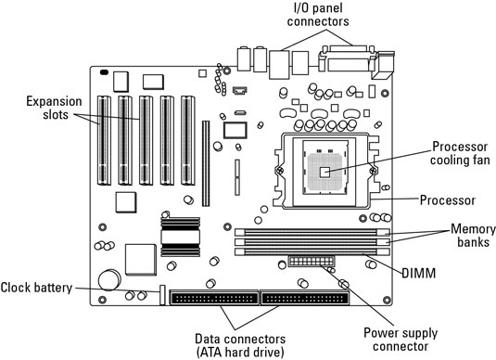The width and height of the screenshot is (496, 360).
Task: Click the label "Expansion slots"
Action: (54, 108)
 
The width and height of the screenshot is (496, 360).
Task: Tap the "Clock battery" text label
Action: (36, 288)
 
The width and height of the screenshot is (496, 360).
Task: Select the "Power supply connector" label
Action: (401, 340)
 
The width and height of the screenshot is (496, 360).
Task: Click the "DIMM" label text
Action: (418, 273)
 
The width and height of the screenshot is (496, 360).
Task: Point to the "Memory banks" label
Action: (473, 236)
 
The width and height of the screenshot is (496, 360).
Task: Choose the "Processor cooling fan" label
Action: (460, 153)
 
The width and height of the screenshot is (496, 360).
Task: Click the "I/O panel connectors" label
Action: (318, 15)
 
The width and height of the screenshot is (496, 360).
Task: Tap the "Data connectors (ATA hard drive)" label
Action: (240, 345)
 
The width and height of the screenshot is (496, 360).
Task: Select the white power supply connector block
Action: (312, 262)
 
